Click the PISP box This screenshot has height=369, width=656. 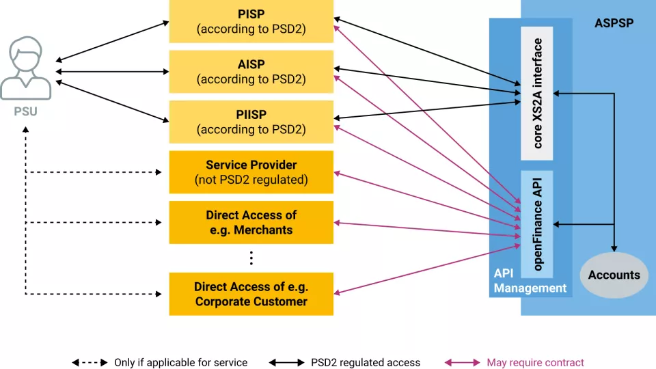[251, 22]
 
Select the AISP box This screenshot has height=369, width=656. [251, 72]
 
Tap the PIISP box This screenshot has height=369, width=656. [251, 122]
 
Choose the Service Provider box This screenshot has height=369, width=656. [251, 172]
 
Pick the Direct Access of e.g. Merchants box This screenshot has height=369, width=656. [251, 223]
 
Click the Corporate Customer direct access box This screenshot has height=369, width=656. [251, 294]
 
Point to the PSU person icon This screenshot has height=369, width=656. [25, 68]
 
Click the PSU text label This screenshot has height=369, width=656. [25, 111]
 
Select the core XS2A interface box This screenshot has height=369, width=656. [536, 94]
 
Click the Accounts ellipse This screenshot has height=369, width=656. [614, 275]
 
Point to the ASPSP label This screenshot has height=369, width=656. [614, 23]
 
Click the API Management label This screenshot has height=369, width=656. [530, 280]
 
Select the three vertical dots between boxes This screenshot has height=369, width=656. [251, 258]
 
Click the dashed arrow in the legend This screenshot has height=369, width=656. [90, 362]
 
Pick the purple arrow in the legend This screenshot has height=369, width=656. [463, 362]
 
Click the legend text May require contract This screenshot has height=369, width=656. [535, 362]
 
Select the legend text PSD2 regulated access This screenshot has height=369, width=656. [366, 362]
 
